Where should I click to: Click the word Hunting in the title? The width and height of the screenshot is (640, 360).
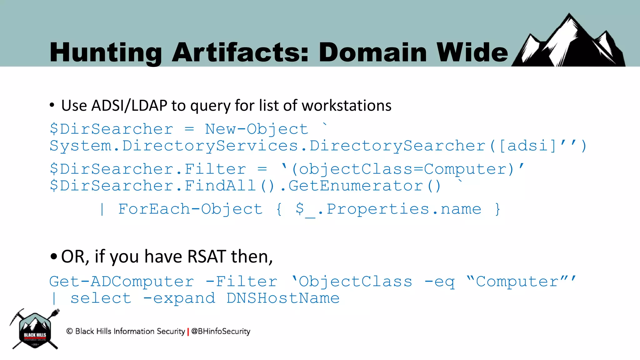(x=105, y=52)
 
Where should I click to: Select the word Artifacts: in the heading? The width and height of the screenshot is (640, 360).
(x=240, y=52)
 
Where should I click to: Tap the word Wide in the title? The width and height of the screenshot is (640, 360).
(x=472, y=52)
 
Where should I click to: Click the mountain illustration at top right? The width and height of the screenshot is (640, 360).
(x=569, y=42)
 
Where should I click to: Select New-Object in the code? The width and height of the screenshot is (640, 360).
(x=256, y=129)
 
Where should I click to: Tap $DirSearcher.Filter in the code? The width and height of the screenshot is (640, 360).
(x=148, y=169)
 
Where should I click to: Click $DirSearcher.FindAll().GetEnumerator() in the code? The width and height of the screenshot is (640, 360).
(x=245, y=186)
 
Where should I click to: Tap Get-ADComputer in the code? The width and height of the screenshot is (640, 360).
(x=122, y=282)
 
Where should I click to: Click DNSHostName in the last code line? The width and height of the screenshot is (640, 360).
(x=283, y=298)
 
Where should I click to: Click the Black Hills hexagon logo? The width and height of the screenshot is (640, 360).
(x=35, y=330)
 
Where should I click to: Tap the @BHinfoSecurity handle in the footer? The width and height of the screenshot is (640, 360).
(x=221, y=331)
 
